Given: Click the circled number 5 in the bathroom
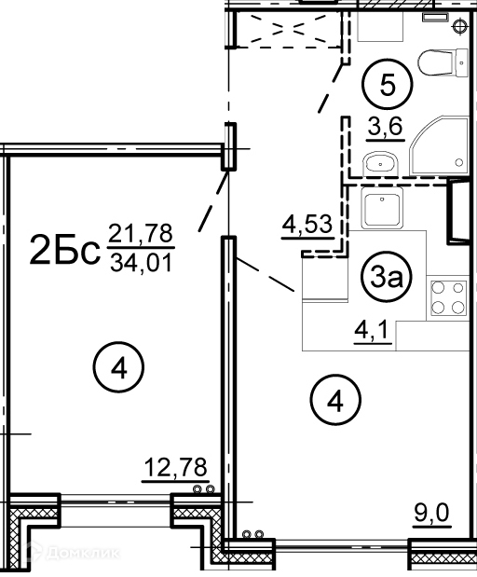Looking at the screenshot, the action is [x=388, y=84].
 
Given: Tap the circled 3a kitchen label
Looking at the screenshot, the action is [x=387, y=277].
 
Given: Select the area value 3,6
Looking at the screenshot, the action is [x=386, y=127].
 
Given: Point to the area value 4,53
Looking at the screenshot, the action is [x=307, y=225].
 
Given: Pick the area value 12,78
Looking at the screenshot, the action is [x=175, y=468].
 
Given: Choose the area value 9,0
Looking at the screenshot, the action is [x=431, y=513].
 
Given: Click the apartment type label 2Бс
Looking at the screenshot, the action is [x=64, y=250].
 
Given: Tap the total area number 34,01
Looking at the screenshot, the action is [x=142, y=263].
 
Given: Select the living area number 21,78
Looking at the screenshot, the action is [x=142, y=233].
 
